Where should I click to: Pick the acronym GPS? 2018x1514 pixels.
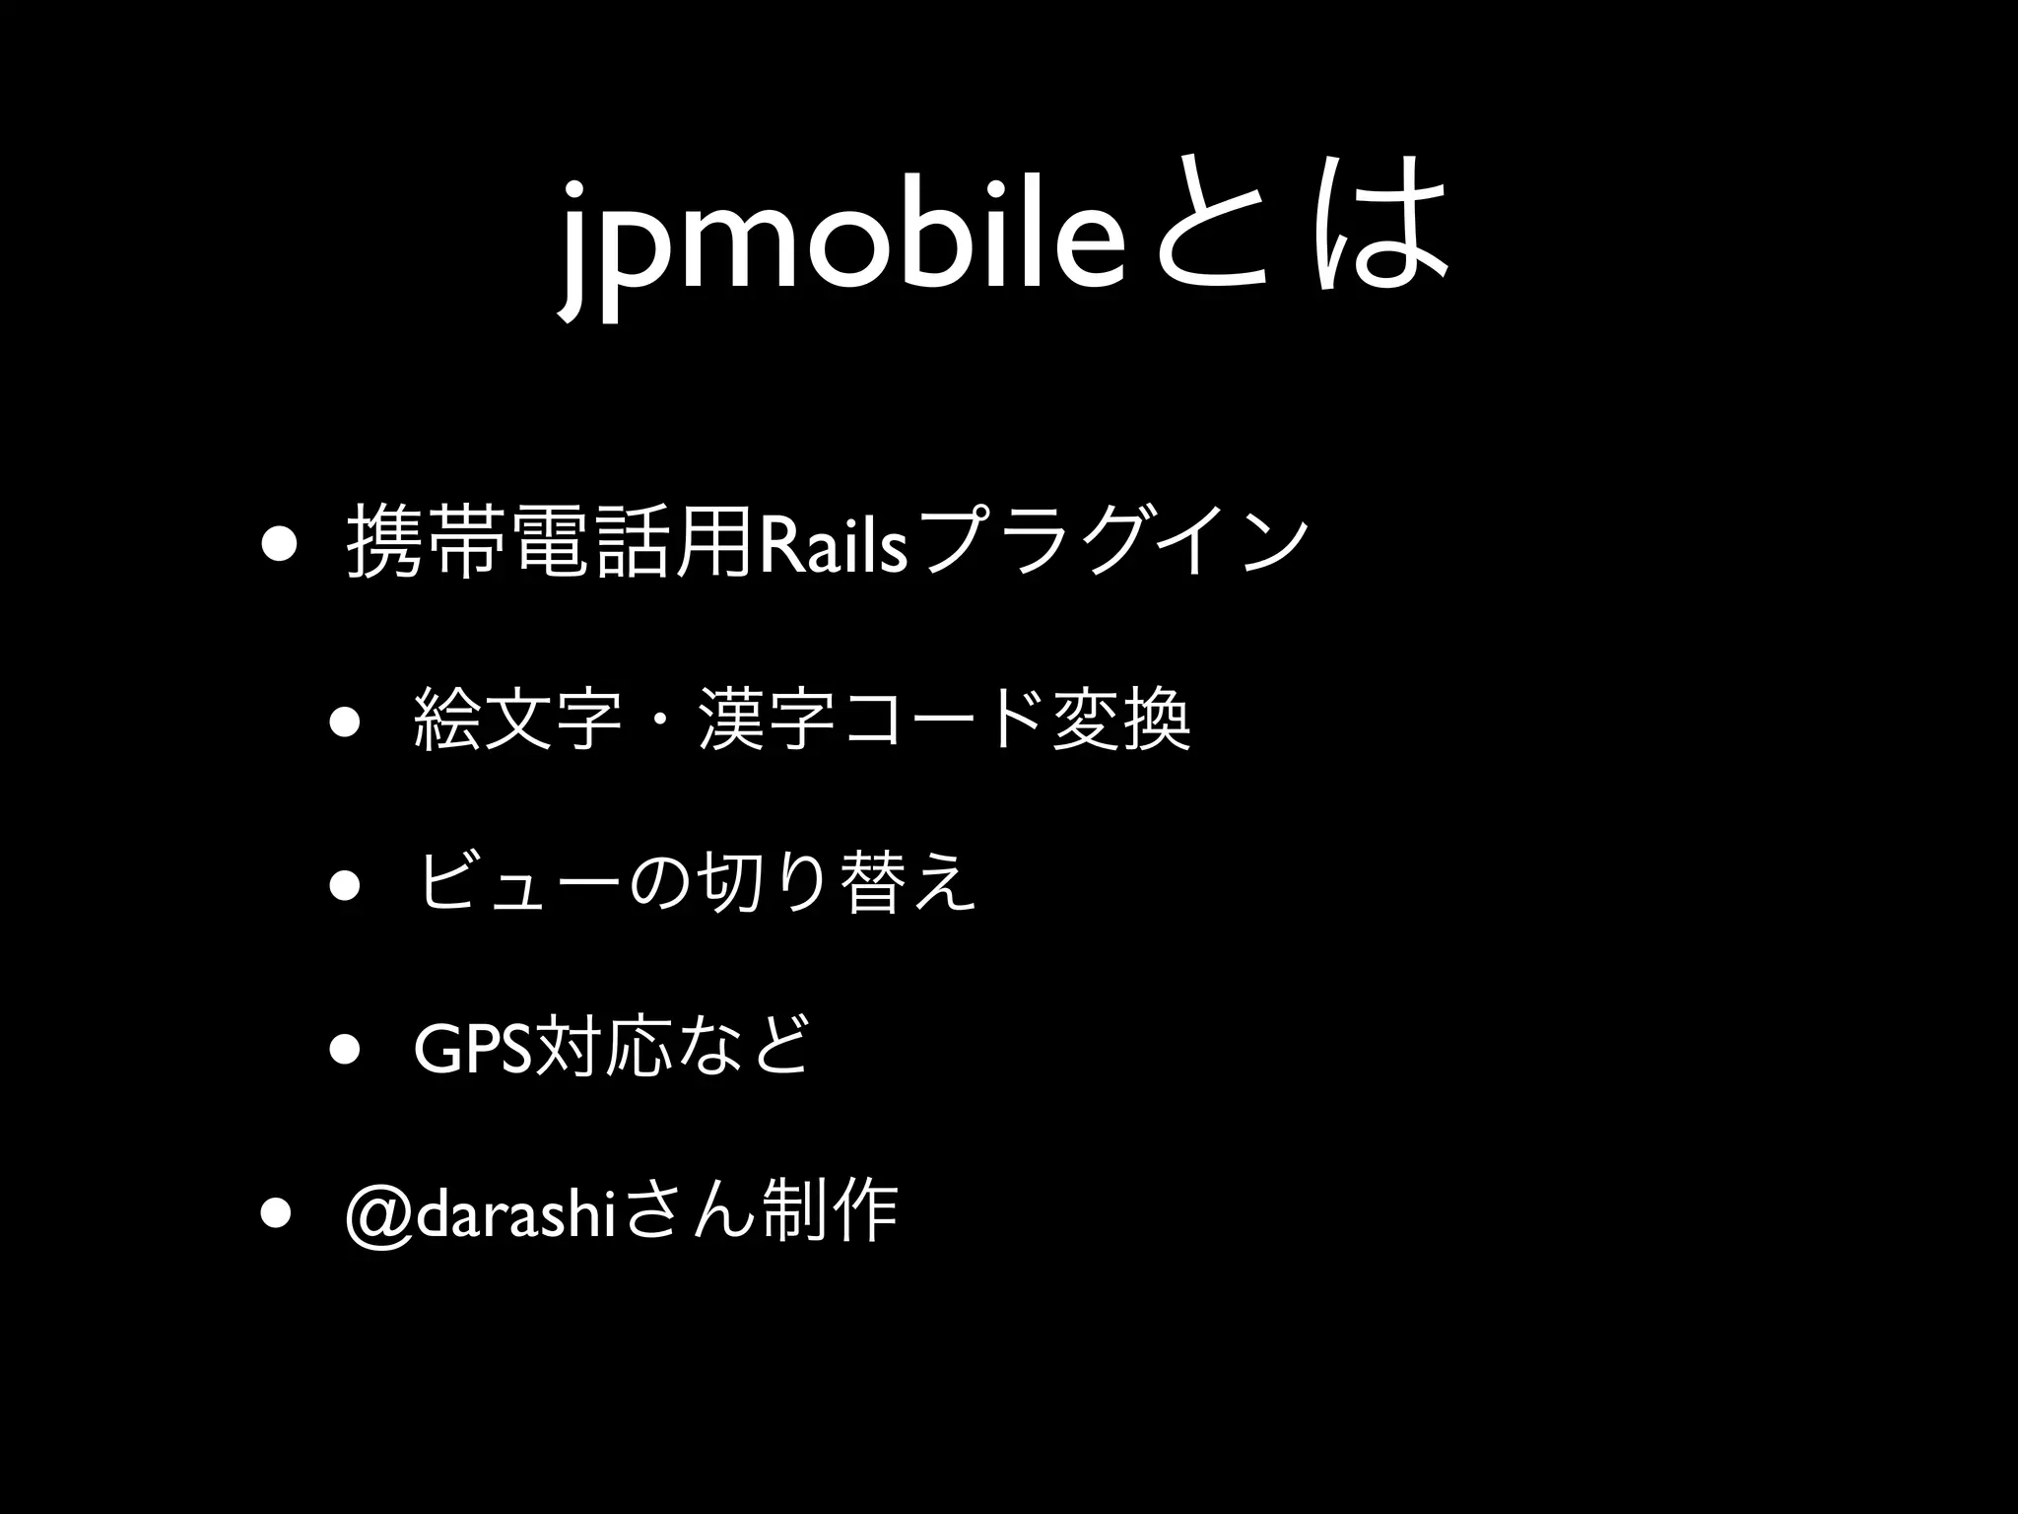click(x=472, y=1051)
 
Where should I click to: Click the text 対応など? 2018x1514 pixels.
click(x=670, y=1051)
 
